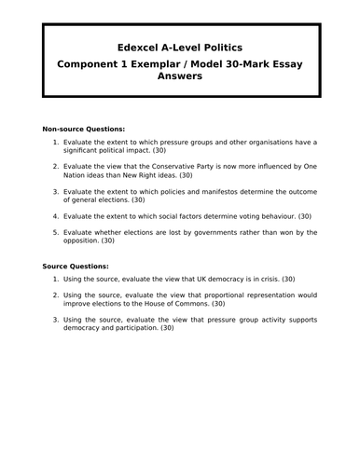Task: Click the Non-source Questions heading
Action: click(x=84, y=128)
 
